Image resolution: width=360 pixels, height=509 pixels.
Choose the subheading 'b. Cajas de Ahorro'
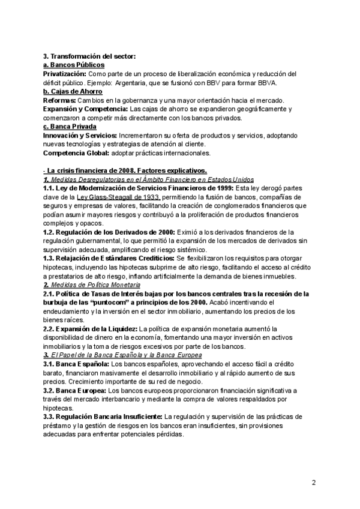[73, 91]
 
